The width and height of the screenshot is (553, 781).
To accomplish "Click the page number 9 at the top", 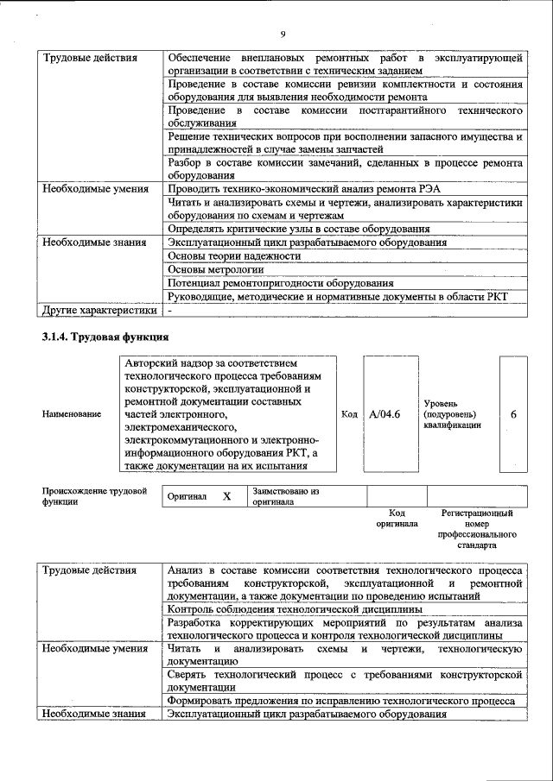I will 283,34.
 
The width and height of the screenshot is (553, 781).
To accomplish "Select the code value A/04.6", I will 385,414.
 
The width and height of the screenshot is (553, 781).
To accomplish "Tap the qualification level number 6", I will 513,414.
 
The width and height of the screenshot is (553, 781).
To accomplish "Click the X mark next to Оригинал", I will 226,497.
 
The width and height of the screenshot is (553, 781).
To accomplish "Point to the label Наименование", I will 71,414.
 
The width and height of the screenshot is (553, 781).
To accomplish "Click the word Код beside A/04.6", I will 349,414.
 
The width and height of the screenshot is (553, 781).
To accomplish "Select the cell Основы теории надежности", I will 234,256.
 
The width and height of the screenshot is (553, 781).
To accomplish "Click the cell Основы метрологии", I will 216,269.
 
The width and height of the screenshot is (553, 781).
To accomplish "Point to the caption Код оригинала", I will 397,518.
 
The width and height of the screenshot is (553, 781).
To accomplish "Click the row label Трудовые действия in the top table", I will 89,58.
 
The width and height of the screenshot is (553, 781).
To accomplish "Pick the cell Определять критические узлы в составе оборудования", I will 298,229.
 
